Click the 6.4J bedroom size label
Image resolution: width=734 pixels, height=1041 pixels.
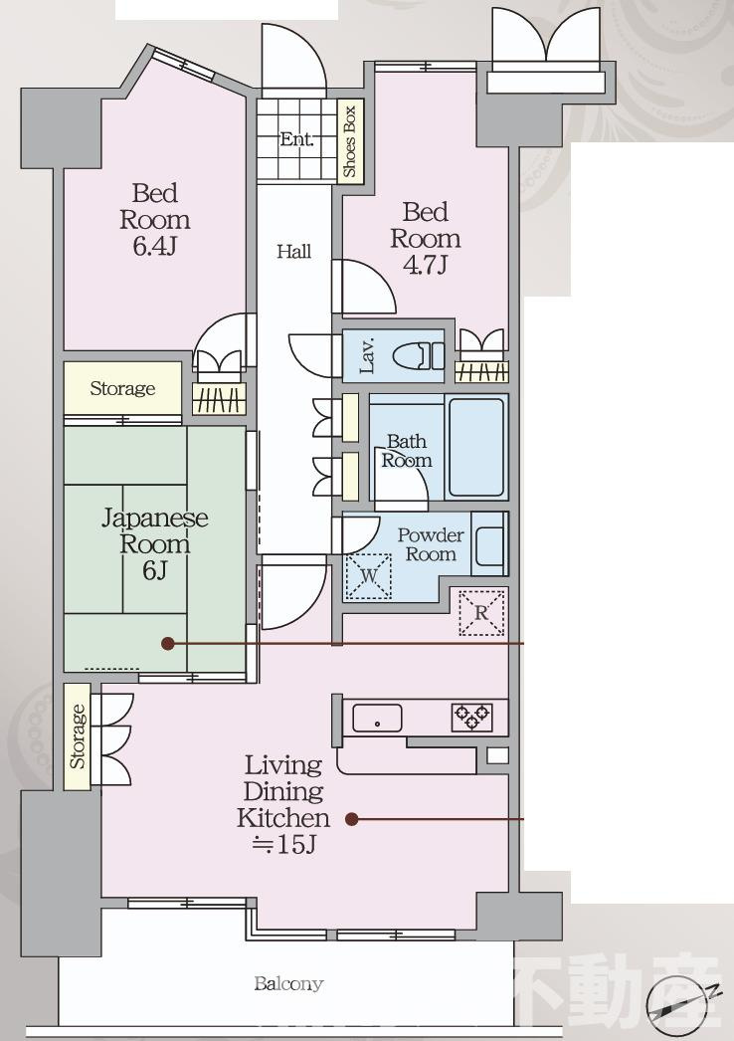(154, 246)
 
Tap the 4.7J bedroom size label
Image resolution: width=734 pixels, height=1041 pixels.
(426, 265)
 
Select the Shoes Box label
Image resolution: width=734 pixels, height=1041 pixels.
(349, 140)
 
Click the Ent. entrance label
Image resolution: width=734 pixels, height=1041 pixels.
(296, 139)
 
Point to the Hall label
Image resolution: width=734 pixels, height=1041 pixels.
(294, 252)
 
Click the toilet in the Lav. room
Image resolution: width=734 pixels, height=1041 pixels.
(419, 356)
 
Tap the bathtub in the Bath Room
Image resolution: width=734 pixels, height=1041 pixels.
(475, 447)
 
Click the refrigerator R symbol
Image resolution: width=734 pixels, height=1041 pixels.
(481, 612)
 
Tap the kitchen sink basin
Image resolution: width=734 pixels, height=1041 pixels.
(377, 719)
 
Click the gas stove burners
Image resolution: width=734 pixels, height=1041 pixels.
(471, 717)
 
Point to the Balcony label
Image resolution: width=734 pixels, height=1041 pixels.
(288, 983)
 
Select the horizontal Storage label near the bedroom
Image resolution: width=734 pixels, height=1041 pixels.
(122, 388)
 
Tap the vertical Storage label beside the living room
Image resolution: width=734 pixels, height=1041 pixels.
(78, 736)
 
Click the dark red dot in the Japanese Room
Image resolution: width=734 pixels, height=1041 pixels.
(168, 643)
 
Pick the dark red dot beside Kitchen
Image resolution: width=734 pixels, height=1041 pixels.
(352, 819)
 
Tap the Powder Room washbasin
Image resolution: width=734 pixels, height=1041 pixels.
(489, 544)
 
